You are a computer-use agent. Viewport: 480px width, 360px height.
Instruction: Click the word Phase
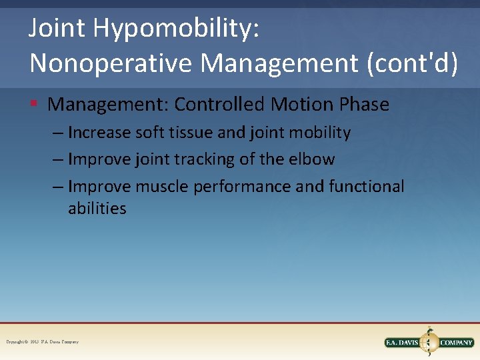pos(364,105)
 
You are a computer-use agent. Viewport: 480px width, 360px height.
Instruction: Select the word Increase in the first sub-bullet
pos(99,133)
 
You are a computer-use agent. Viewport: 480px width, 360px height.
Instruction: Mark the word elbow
pos(313,159)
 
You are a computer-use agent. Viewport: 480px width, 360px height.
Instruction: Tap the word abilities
pos(97,209)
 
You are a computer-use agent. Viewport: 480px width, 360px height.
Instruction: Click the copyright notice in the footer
pos(42,342)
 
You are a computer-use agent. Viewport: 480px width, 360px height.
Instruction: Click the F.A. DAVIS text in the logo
pos(402,343)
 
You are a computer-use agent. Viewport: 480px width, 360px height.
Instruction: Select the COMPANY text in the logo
pos(456,343)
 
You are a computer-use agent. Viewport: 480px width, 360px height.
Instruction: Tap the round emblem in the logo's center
pos(429,342)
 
